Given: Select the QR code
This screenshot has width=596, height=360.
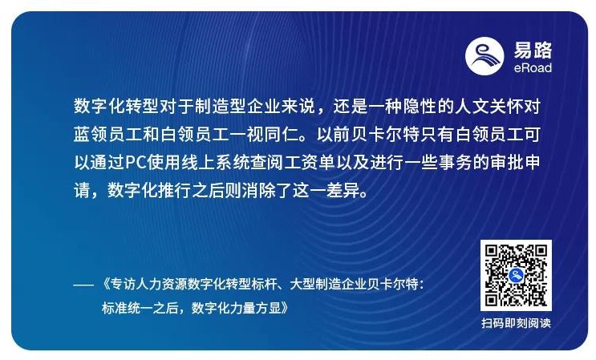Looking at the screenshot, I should (516, 275).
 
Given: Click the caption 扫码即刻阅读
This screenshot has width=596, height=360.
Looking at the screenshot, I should (516, 324).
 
